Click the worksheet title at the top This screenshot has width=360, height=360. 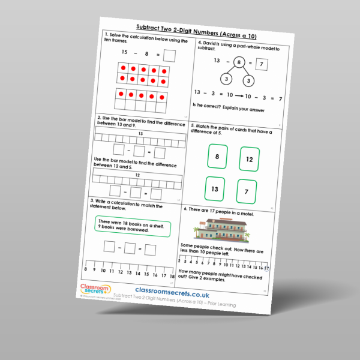(199, 27)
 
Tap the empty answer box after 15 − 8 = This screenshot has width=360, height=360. (170, 56)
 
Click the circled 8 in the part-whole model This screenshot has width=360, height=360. (238, 62)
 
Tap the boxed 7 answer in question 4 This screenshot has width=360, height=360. (261, 64)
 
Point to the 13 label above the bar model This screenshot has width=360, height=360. (140, 134)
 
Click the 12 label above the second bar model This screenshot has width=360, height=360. (137, 175)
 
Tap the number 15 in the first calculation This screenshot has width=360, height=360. (125, 53)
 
